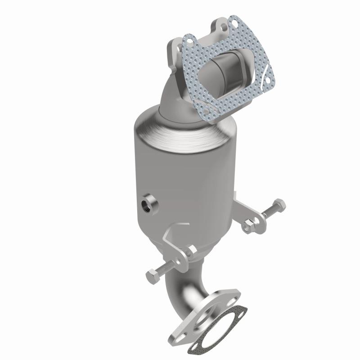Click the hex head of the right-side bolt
click(279, 205)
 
